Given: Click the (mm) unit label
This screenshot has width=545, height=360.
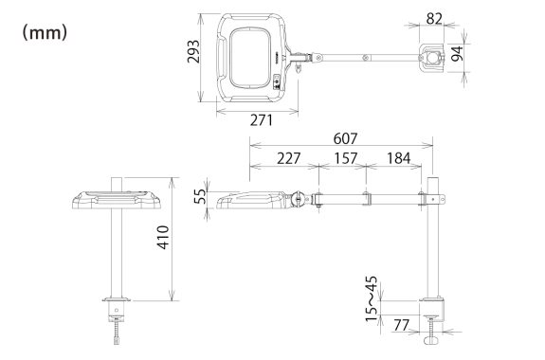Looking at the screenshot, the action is coord(45,33).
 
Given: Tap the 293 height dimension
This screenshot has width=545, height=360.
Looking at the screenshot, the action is coord(193,51).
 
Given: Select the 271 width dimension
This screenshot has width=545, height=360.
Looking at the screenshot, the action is coord(262,120).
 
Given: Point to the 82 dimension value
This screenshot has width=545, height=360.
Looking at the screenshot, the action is coord(434,18).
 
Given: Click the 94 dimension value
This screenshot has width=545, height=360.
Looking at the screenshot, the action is coord(458,53).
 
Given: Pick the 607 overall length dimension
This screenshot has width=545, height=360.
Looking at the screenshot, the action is coord(345,138).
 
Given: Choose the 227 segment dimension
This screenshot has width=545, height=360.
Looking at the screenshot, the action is coord(288,158).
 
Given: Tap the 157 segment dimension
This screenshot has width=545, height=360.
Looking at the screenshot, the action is coord(346,158).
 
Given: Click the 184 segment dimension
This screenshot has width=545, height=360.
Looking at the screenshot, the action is coord(399,158).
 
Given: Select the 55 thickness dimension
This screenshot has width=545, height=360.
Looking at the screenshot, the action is coord(200,196).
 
